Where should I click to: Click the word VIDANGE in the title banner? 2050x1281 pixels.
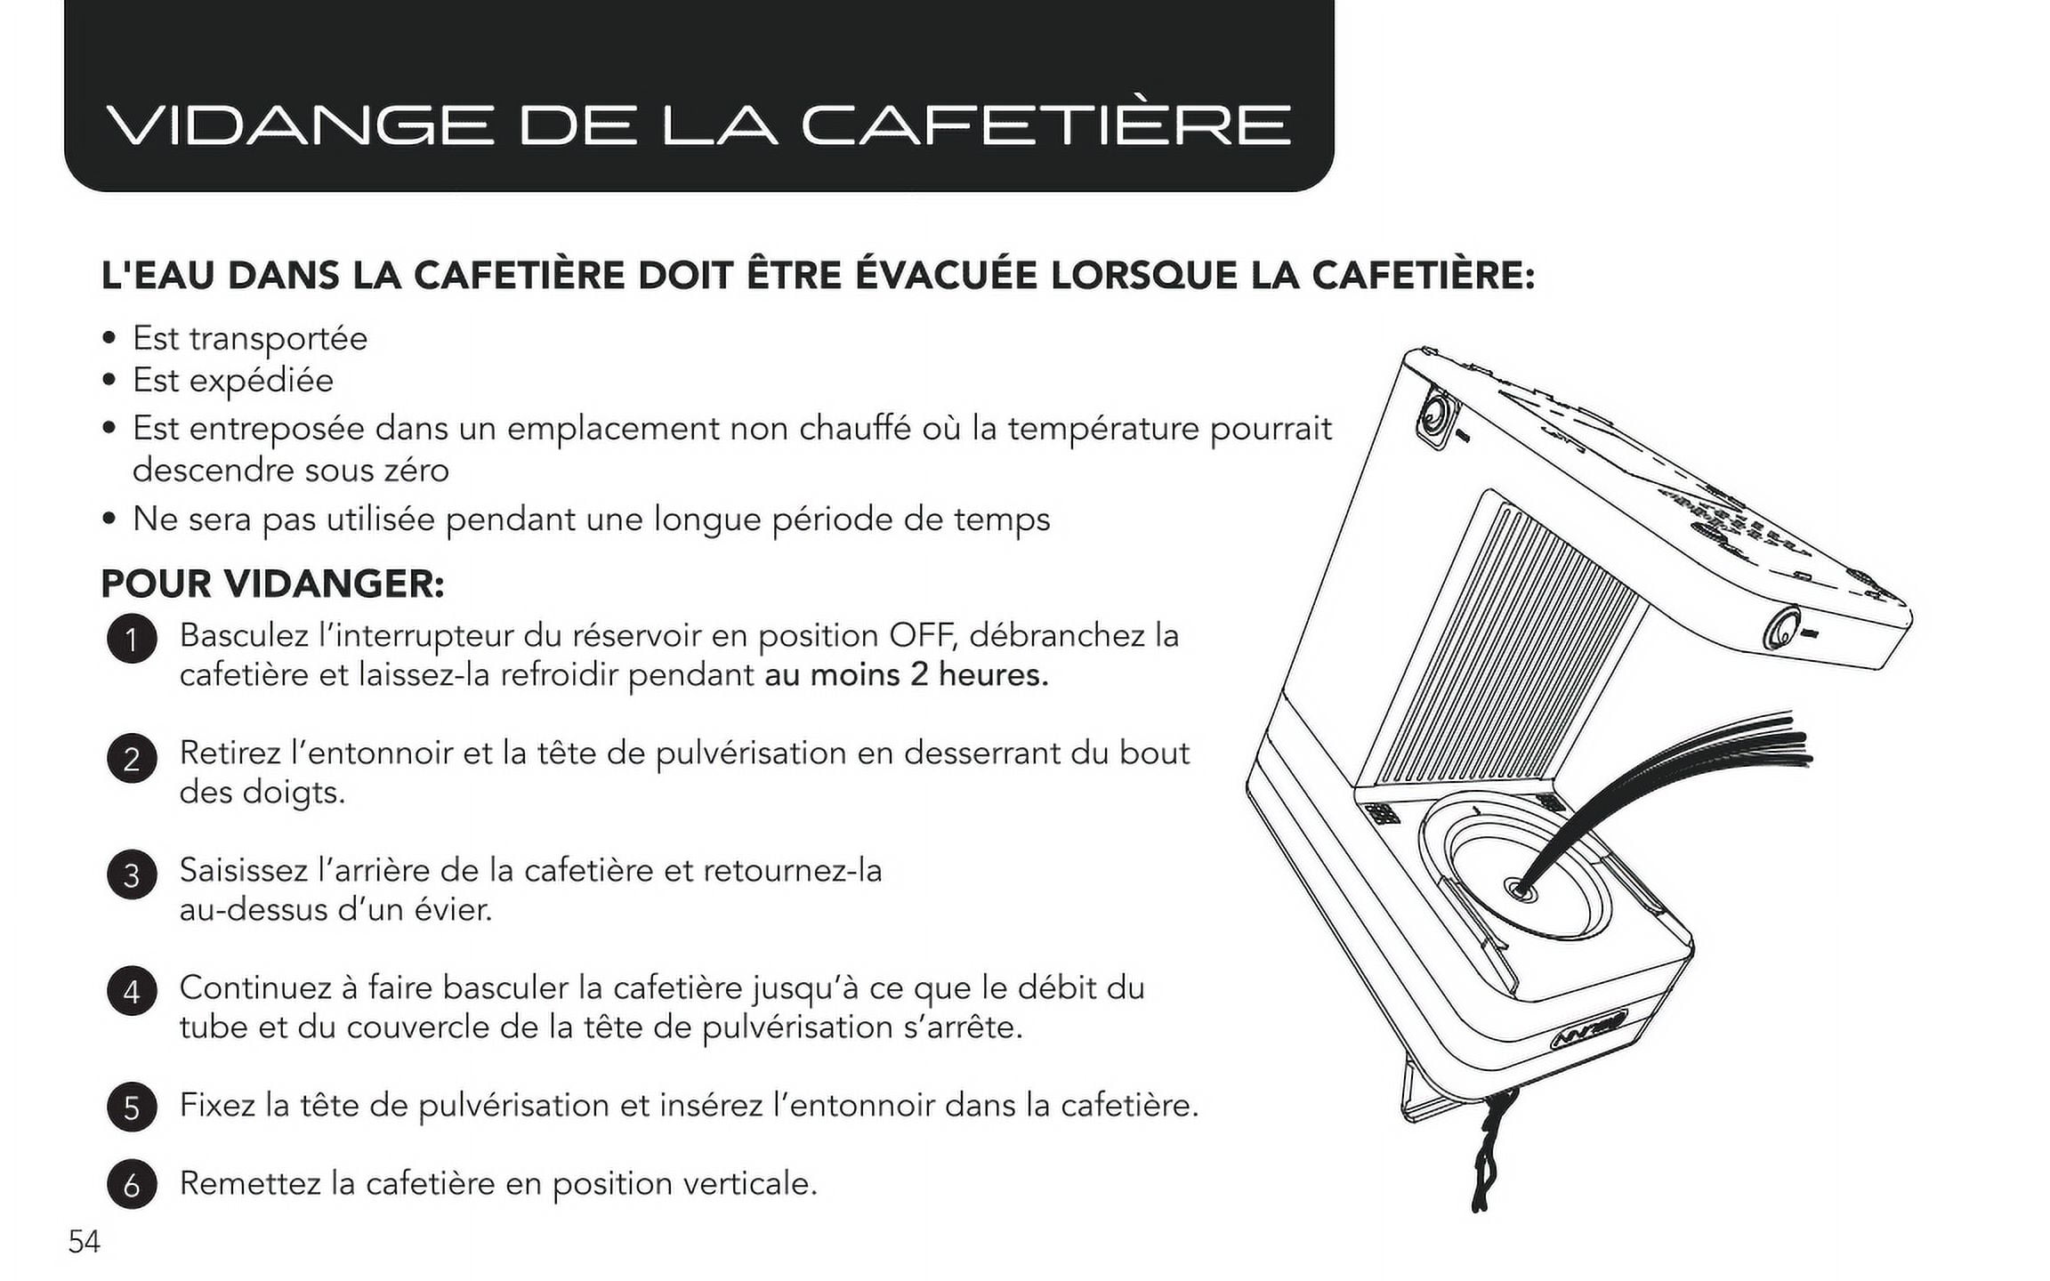(x=299, y=125)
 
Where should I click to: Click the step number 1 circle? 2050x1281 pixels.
(x=132, y=640)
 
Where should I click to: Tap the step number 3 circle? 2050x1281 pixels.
(x=132, y=874)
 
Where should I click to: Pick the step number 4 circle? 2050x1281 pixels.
(x=132, y=991)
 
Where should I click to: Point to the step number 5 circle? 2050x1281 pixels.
(x=132, y=1108)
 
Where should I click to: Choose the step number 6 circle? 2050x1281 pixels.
(x=132, y=1185)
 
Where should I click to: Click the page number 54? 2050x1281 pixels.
(x=85, y=1242)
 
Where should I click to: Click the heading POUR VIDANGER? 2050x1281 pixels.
(x=272, y=584)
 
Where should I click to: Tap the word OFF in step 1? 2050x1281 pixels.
(x=921, y=636)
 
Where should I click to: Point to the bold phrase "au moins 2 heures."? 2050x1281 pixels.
(x=907, y=675)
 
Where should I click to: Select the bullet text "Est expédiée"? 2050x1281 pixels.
(x=233, y=382)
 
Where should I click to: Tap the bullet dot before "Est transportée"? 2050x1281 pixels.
(x=109, y=339)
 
